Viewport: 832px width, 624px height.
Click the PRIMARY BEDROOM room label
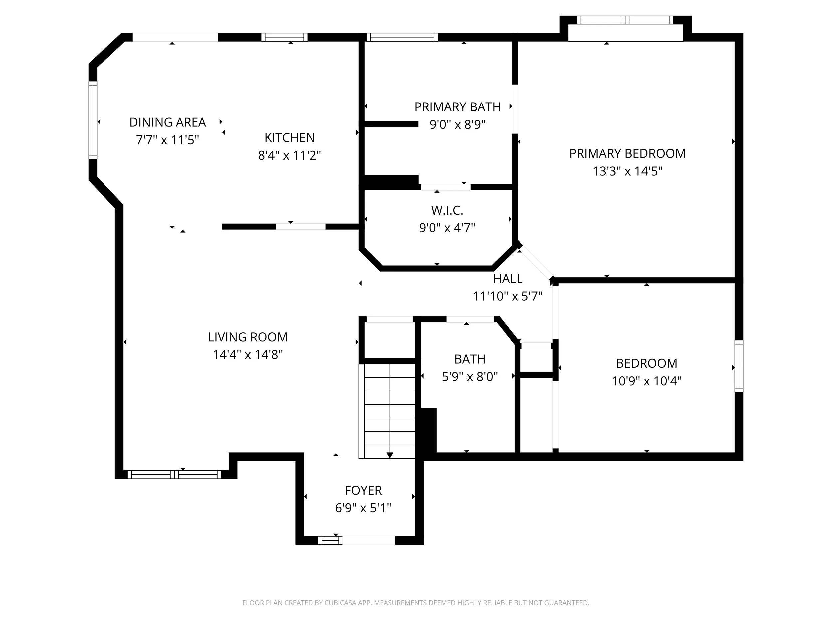(x=627, y=153)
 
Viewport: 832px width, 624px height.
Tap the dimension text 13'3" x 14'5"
(x=627, y=171)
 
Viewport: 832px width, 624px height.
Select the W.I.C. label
(x=447, y=210)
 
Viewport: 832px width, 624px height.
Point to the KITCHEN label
(x=289, y=138)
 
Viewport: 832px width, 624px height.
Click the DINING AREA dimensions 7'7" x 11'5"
(x=167, y=140)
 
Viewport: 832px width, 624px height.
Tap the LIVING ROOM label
(x=248, y=337)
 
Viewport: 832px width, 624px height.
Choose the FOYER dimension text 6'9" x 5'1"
(x=363, y=508)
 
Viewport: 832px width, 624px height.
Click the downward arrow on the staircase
(x=390, y=455)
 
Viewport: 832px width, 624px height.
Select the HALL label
(x=508, y=279)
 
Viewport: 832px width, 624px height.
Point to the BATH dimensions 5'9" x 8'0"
(x=469, y=376)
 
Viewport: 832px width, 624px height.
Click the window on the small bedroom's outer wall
(x=739, y=366)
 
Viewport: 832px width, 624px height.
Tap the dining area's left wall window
(x=93, y=120)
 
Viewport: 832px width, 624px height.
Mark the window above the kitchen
(x=284, y=37)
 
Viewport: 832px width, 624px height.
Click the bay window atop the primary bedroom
(x=625, y=20)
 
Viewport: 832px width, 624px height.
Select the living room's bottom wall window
(x=174, y=474)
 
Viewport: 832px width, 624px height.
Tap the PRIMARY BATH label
(x=457, y=107)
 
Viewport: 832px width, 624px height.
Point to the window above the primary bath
(x=402, y=37)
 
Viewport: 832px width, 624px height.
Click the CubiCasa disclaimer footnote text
(x=416, y=603)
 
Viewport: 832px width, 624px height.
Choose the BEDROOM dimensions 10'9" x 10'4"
(x=646, y=381)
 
